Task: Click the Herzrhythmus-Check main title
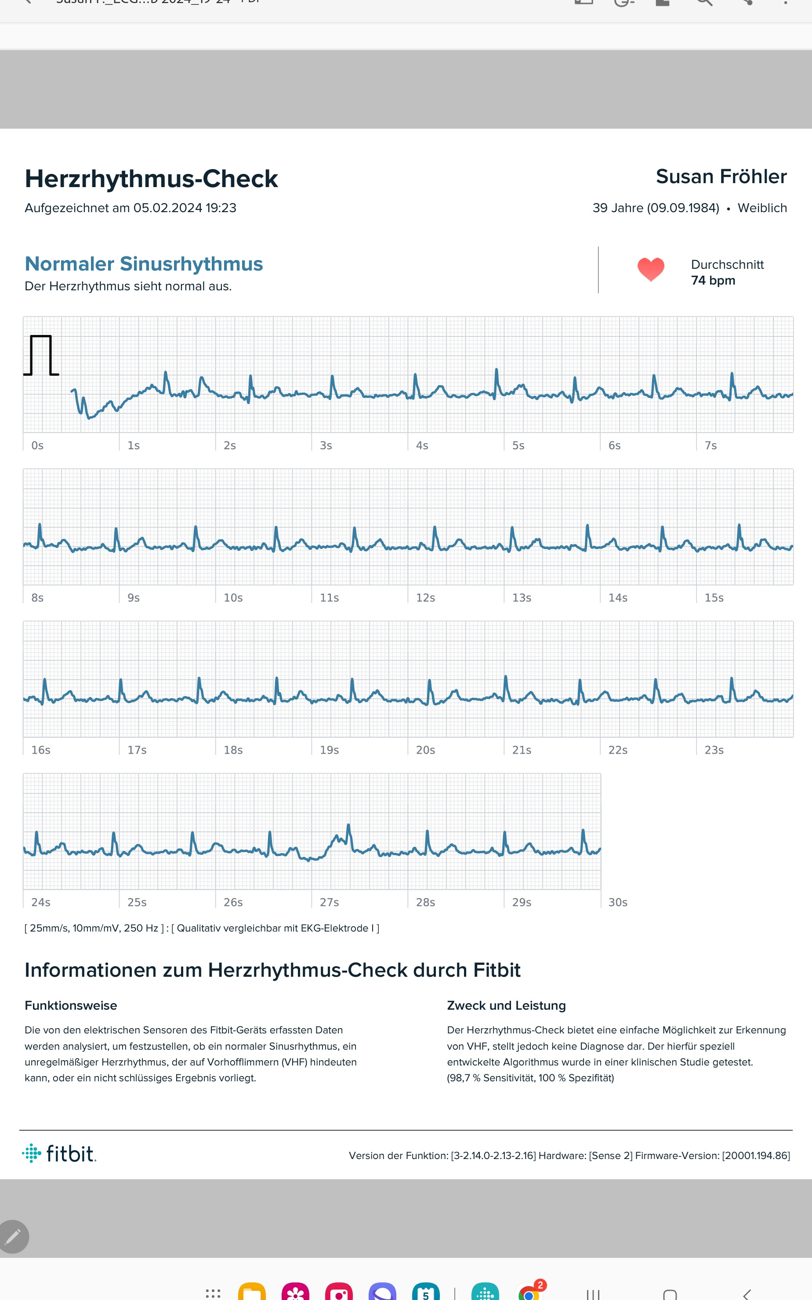(152, 179)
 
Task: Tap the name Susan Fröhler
(721, 176)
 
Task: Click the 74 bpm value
(713, 280)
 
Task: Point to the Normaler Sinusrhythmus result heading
(144, 264)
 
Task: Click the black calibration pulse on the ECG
(41, 355)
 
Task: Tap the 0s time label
(37, 445)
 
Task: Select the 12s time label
(425, 597)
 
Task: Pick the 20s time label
(425, 750)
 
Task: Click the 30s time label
(618, 902)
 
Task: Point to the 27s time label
(329, 902)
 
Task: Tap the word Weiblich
(762, 208)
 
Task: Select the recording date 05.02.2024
(167, 208)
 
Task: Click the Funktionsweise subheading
(71, 1005)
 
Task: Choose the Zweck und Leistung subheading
(507, 1005)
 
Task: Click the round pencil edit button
(14, 1237)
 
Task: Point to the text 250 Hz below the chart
(141, 928)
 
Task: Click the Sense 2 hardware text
(611, 1156)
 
